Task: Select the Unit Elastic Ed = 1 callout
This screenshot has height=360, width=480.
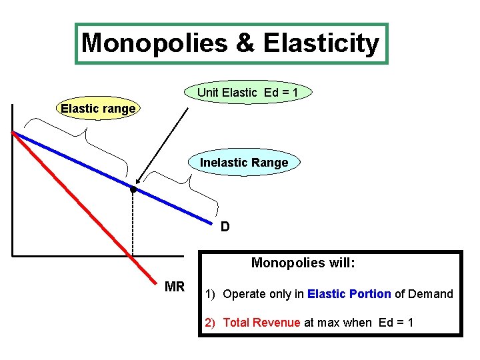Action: tap(245, 93)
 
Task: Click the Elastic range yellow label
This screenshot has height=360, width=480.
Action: tap(98, 108)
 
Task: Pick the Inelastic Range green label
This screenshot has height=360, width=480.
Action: tap(244, 163)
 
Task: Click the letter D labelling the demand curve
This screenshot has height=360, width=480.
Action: tap(225, 227)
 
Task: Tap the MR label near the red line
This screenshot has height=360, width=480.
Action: tap(175, 287)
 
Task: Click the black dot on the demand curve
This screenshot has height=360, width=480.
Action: tap(133, 190)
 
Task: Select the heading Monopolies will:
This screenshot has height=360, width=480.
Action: tap(303, 263)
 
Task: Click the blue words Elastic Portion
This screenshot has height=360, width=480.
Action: tap(349, 294)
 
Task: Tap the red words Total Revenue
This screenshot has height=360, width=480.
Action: tap(261, 323)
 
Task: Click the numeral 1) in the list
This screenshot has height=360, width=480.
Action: tap(210, 294)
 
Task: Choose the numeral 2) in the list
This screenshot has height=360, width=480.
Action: tap(210, 323)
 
